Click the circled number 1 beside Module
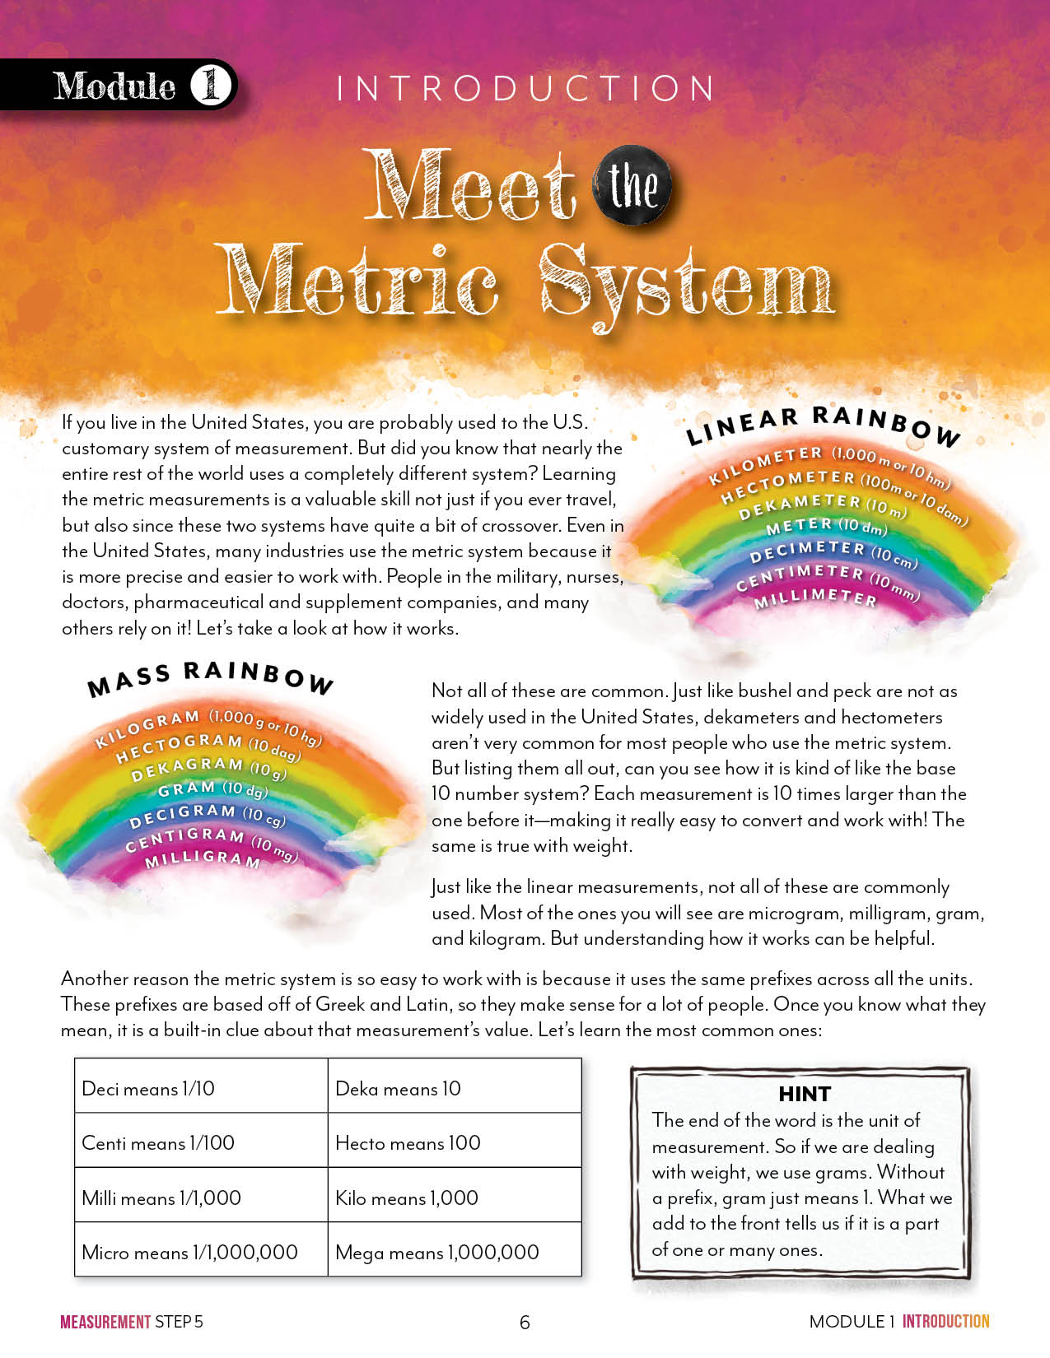[x=211, y=85]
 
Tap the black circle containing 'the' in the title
[x=632, y=186]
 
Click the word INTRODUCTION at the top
[x=525, y=89]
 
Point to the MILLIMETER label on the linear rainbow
[x=816, y=598]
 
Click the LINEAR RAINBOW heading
[x=824, y=424]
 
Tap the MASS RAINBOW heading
[x=210, y=677]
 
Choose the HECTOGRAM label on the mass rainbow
[x=179, y=746]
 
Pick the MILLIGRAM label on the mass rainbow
[x=203, y=859]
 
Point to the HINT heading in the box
[x=805, y=1094]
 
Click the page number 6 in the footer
[x=525, y=1322]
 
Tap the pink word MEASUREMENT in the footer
[x=105, y=1322]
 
